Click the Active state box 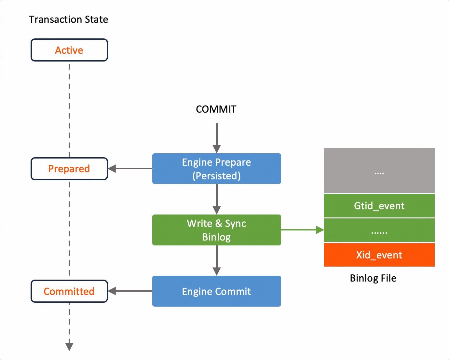coord(69,50)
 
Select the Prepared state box coord(69,169)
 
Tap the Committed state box coord(69,291)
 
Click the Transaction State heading coord(68,20)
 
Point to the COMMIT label coord(216,109)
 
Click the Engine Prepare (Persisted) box coord(216,169)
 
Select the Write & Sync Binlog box coord(216,230)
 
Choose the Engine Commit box coord(216,291)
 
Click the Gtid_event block coord(379,206)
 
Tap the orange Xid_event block coord(379,255)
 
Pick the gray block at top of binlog coord(379,171)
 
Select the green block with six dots coord(379,230)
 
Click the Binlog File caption coord(373,278)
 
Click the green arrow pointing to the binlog coord(302,230)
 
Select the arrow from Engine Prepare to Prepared coord(130,169)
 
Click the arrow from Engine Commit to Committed coord(130,291)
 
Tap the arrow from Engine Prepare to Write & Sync coord(217,199)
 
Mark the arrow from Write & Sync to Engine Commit coord(217,260)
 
